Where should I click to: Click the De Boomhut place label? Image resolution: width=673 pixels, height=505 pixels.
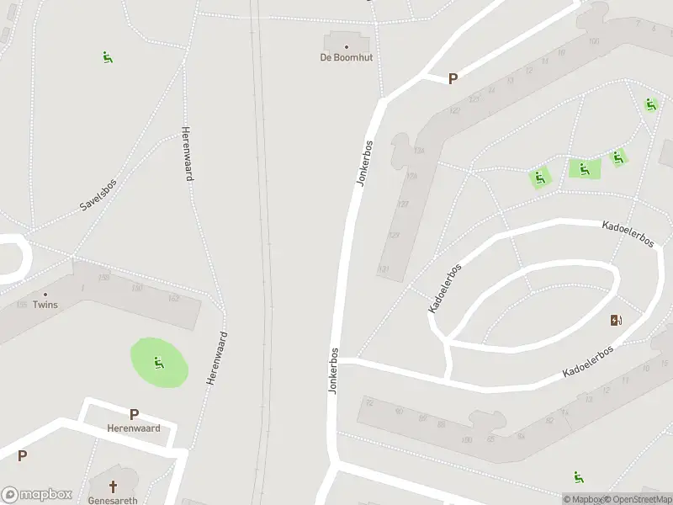point(346,57)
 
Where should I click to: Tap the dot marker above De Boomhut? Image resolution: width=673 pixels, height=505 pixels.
point(346,46)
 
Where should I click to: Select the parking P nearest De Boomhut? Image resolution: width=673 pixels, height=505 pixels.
point(453,79)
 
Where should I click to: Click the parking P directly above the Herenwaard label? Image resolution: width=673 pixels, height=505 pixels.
point(134,414)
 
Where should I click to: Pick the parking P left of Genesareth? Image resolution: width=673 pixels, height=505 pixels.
point(23,456)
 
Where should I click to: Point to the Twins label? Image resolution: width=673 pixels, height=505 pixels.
point(45,305)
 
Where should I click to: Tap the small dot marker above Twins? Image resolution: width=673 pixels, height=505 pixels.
point(45,295)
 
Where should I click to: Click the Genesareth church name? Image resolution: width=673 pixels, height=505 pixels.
point(113,499)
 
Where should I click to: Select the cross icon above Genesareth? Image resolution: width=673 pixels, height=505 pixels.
point(114,486)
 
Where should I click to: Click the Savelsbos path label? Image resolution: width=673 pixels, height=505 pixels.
point(98,194)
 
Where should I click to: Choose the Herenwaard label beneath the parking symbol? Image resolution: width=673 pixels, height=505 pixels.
point(134,428)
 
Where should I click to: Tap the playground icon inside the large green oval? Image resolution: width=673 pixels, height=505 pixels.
point(158,363)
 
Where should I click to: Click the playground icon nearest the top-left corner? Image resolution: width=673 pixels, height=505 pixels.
point(108,57)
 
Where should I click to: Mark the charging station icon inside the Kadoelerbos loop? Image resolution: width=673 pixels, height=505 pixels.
point(616,320)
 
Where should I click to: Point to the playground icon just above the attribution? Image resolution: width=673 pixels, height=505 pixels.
point(578,478)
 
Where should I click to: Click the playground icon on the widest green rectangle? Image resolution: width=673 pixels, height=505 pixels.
point(584,169)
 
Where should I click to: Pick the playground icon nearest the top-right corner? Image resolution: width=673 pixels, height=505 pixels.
point(650,105)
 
